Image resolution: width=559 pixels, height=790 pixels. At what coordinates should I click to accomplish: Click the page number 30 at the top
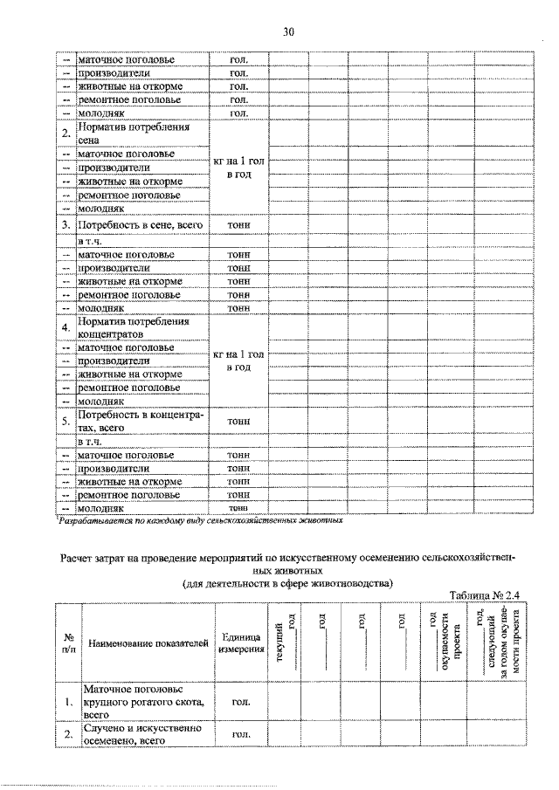coord(288,32)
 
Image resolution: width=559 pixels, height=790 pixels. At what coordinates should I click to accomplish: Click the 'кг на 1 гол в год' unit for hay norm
coord(238,168)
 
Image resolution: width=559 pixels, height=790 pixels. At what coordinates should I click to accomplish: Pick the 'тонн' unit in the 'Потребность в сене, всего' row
coord(238,225)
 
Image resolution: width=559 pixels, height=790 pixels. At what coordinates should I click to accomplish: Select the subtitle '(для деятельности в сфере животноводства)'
coord(288,582)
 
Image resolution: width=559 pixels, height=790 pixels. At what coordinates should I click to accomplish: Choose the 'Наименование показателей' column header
coord(145,643)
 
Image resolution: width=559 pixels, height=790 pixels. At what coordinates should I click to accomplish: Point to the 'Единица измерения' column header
coord(238,643)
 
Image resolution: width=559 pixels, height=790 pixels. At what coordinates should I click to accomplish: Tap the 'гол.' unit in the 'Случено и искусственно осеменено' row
coord(238,735)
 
